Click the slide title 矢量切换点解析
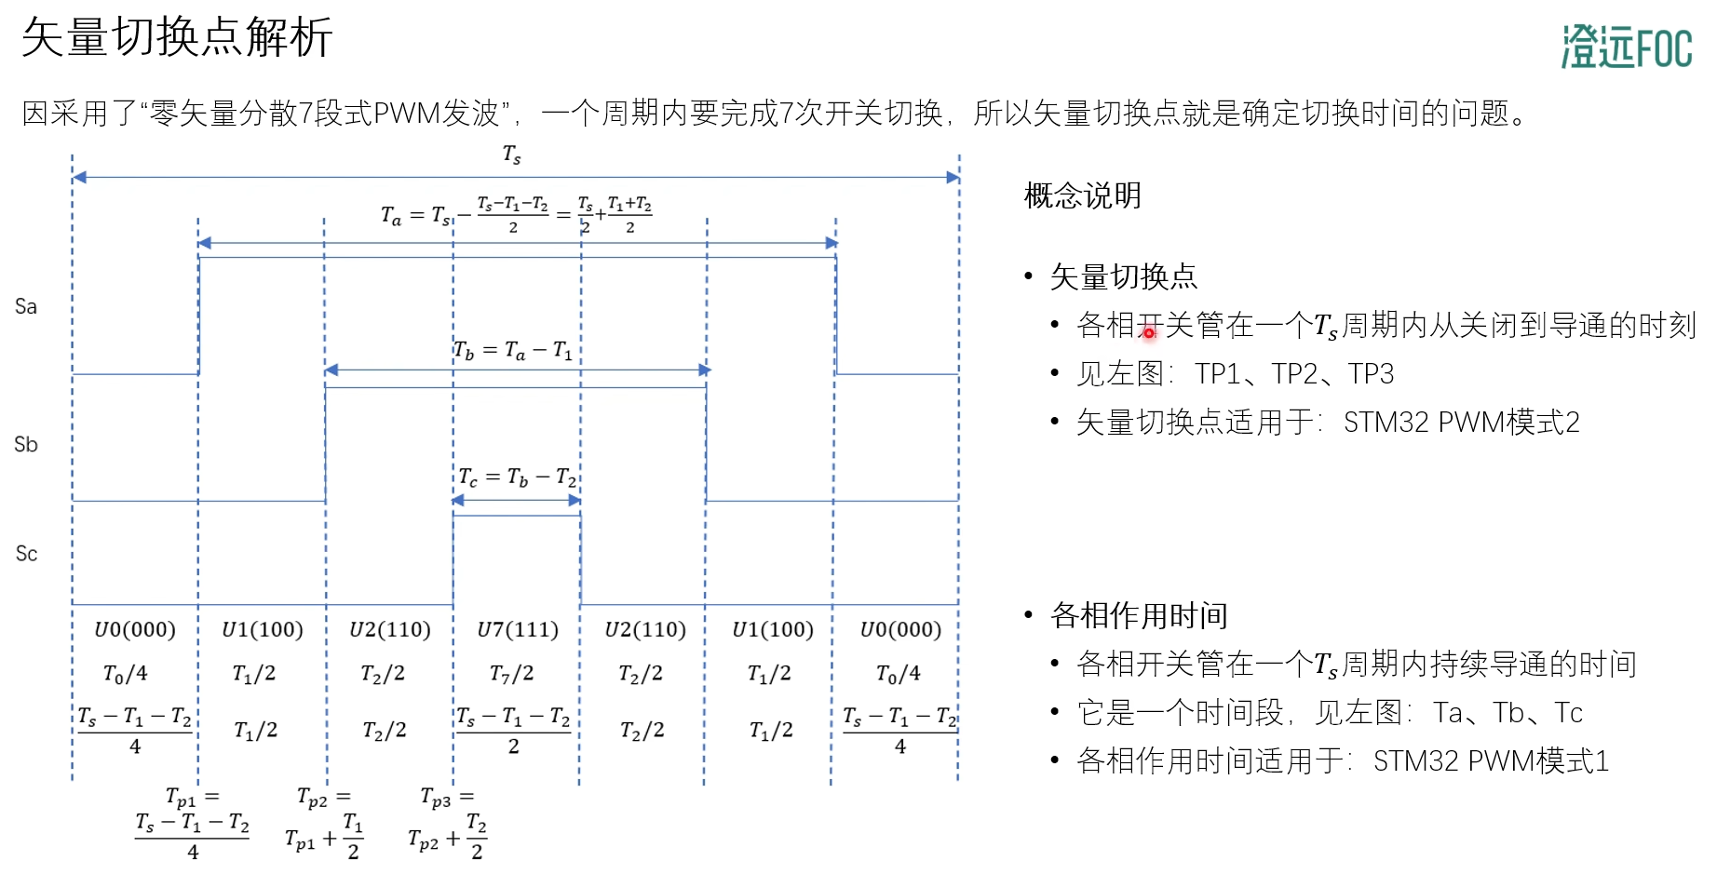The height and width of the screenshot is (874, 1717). (177, 38)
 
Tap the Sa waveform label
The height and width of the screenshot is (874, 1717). (26, 306)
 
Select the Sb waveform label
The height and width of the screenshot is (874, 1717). (26, 444)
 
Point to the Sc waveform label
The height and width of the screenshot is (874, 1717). (26, 554)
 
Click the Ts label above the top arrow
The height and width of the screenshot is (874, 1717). (512, 155)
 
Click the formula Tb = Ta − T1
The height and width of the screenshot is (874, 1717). (513, 350)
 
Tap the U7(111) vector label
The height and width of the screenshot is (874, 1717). (518, 630)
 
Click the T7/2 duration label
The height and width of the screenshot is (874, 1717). (512, 673)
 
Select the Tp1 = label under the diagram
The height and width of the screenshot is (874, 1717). (192, 798)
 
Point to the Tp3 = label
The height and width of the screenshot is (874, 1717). (447, 798)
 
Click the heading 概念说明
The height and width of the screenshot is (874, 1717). (1082, 195)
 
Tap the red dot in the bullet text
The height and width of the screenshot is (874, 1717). (1149, 332)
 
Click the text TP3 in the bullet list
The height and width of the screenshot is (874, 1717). (1371, 373)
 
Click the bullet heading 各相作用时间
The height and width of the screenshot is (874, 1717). (1139, 615)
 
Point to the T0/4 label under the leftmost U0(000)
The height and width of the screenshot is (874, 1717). (126, 673)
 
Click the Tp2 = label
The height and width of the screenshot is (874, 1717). (323, 798)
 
